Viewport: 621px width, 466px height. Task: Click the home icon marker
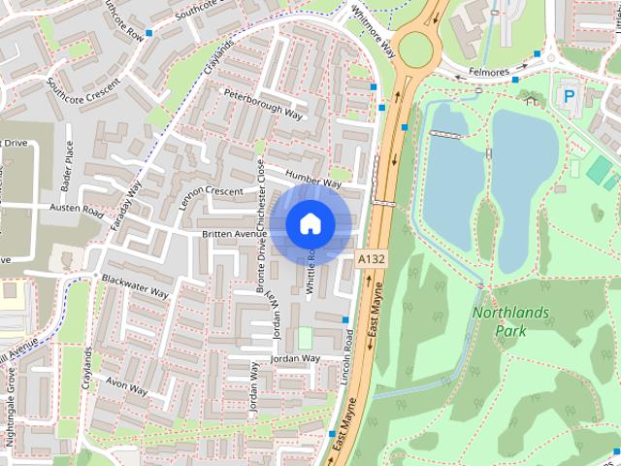pyautogui.click(x=310, y=223)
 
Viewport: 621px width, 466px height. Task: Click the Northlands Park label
pyautogui.click(x=510, y=321)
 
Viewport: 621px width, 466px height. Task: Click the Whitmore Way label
pyautogui.click(x=374, y=34)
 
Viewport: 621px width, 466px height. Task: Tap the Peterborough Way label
pyautogui.click(x=264, y=102)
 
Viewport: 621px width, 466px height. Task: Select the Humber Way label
pyautogui.click(x=313, y=179)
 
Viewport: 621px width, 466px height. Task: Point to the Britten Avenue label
pyautogui.click(x=234, y=234)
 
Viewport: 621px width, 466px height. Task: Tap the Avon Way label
pyautogui.click(x=126, y=386)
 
